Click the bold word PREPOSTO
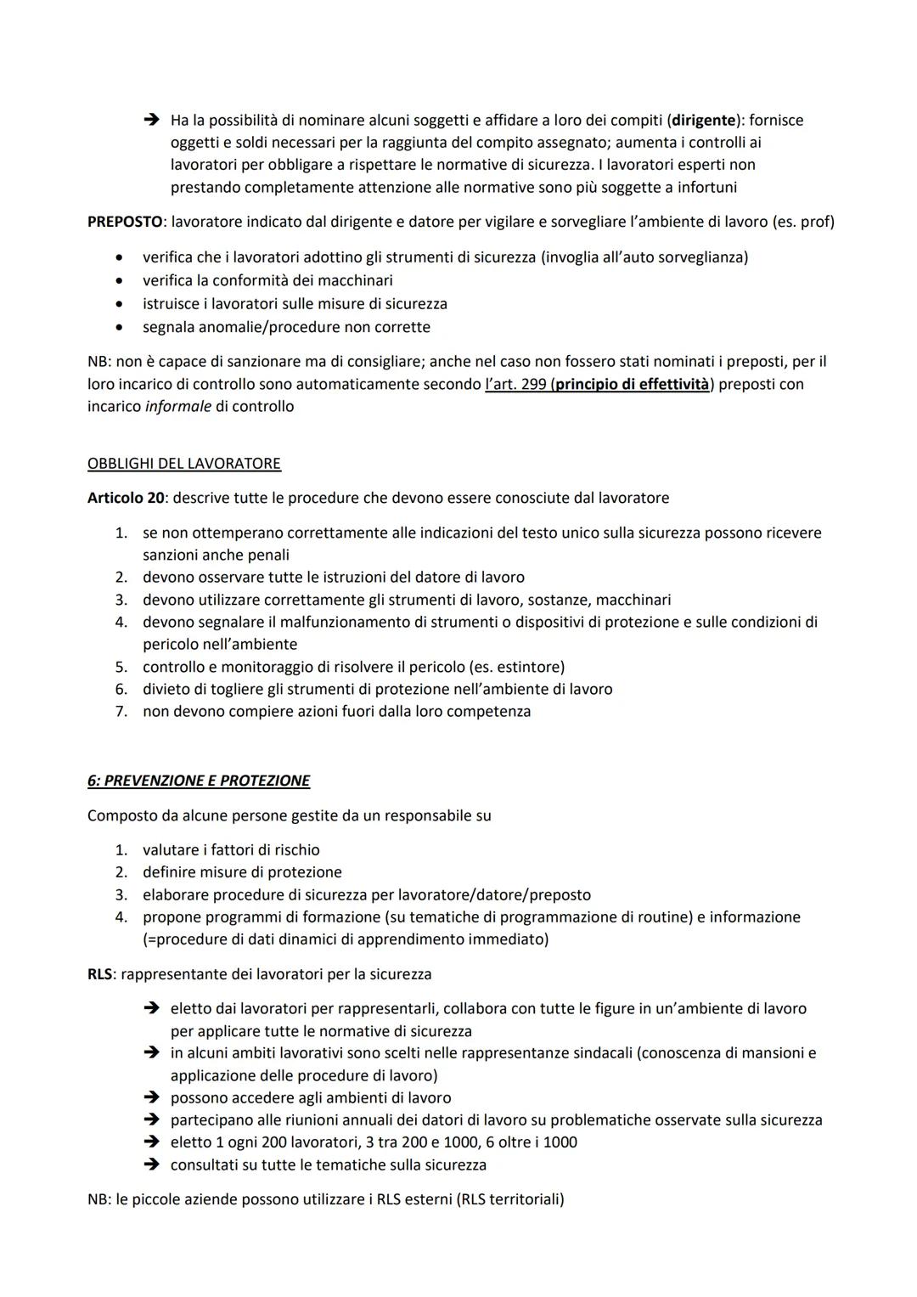click(x=125, y=223)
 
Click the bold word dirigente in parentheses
click(x=703, y=121)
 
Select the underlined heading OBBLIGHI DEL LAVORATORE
click(x=184, y=464)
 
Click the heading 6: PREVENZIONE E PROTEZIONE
click(x=199, y=781)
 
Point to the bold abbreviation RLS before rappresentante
click(x=99, y=974)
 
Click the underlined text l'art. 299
click(x=515, y=384)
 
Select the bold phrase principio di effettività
click(x=632, y=384)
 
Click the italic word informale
click(x=177, y=407)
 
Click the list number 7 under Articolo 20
click(x=121, y=712)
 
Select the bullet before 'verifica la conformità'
click(x=125, y=280)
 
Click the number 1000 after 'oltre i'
click(x=560, y=1142)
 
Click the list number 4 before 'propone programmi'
click(x=121, y=917)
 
